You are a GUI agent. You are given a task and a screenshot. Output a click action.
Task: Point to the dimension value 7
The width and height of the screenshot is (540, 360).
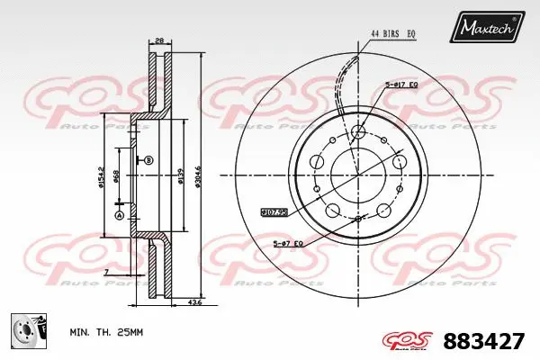[105, 272]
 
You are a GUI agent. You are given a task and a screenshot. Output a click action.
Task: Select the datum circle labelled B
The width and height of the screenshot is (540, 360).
[148, 160]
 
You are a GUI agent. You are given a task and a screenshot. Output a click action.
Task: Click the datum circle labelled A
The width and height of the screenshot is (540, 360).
[120, 215]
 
